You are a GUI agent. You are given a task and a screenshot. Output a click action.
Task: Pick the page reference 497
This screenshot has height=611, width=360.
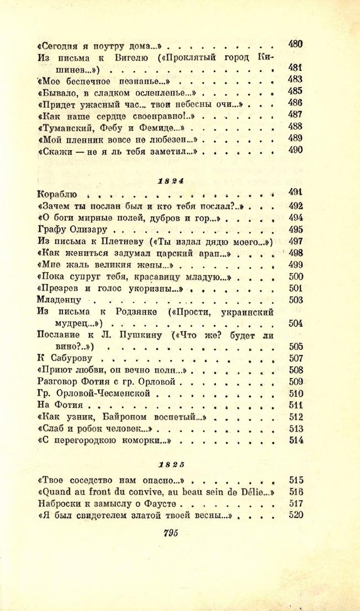pyautogui.click(x=296, y=241)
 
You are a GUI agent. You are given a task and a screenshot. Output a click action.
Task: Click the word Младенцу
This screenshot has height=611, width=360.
pyautogui.click(x=59, y=300)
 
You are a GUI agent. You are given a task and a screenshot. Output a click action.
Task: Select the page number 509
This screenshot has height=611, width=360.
pyautogui.click(x=297, y=381)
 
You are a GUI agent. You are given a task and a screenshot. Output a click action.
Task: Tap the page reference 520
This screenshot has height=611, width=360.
pyautogui.click(x=297, y=516)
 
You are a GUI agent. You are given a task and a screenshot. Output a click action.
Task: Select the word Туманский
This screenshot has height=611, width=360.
pyautogui.click(x=63, y=127)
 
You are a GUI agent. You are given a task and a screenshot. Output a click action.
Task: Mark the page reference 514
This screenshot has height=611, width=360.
pyautogui.click(x=297, y=440)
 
